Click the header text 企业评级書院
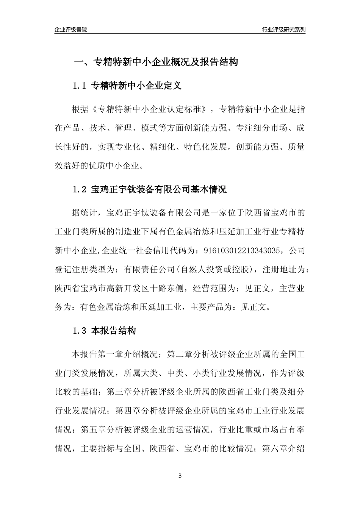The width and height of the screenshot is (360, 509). coord(71,30)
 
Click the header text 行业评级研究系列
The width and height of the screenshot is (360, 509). coord(283,30)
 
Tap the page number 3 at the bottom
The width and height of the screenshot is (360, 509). coord(180,476)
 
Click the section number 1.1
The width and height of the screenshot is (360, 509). coord(80,86)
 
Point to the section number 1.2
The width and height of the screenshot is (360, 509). coord(80,189)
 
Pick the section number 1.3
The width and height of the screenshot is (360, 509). coord(80,331)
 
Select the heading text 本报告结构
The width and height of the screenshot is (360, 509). coord(113,331)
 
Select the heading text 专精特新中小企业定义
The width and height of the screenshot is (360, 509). coord(136,86)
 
